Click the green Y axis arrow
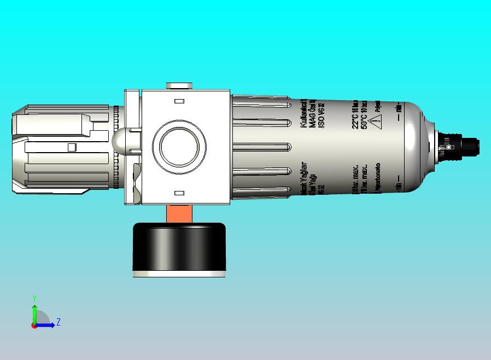click(x=34, y=312)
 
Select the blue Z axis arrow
click(x=46, y=325)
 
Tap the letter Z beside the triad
click(x=58, y=322)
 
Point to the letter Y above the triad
click(x=34, y=298)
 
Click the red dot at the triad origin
click(x=34, y=325)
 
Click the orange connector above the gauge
click(x=179, y=213)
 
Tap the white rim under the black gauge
click(x=179, y=273)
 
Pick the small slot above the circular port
click(x=179, y=101)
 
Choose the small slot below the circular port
click(x=179, y=193)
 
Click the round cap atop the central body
click(x=179, y=85)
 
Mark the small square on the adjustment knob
click(x=71, y=147)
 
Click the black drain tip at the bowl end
click(x=470, y=146)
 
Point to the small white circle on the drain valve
click(x=448, y=147)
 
